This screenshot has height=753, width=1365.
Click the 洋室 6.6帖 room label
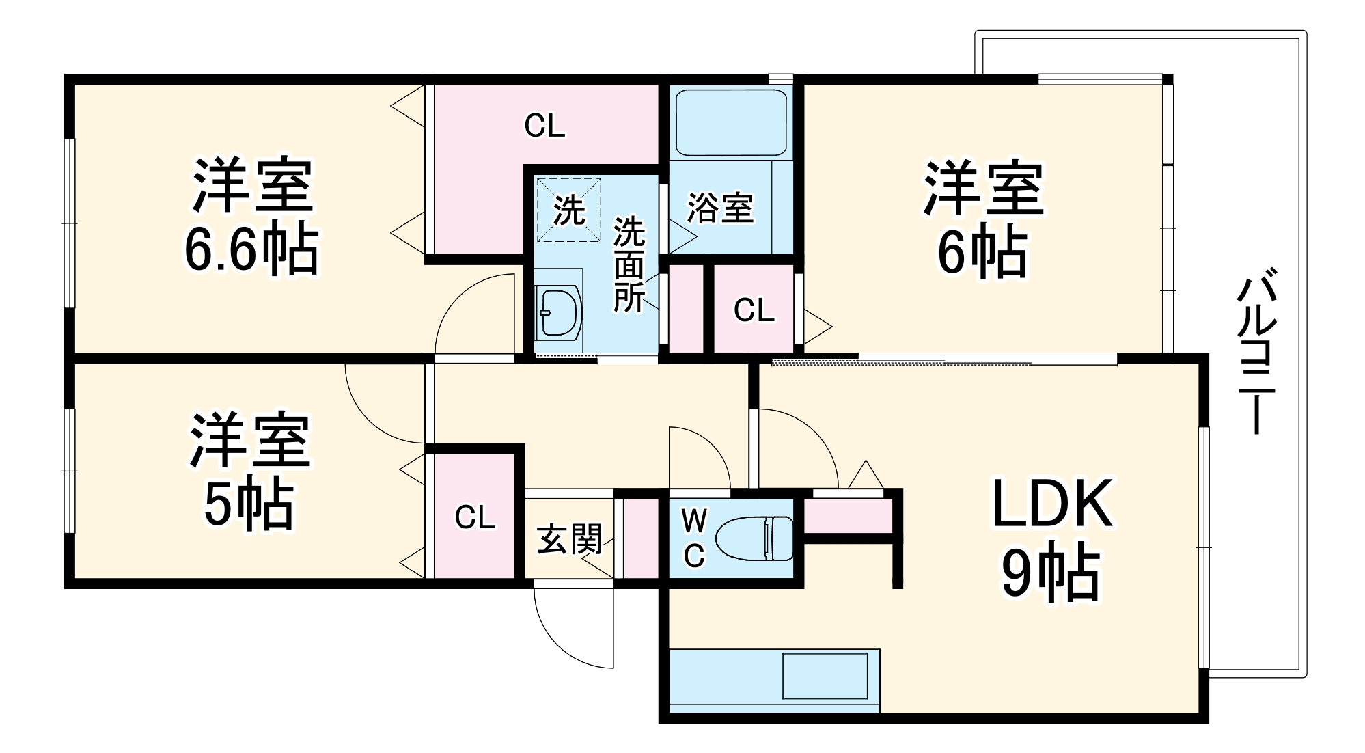click(251, 217)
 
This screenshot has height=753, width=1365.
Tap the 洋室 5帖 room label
click(249, 471)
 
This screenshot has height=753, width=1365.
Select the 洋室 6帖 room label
click(982, 219)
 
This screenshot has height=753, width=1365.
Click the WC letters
click(694, 538)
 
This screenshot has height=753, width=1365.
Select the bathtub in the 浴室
click(730, 123)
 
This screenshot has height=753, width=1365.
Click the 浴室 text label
click(720, 208)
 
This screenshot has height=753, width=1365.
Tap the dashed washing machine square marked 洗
click(569, 210)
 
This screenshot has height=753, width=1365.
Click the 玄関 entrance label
click(569, 539)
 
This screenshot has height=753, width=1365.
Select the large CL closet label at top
click(544, 126)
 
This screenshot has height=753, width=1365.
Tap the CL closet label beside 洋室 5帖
click(475, 518)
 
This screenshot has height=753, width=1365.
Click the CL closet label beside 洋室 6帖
click(754, 311)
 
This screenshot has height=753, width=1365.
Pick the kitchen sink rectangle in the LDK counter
click(825, 676)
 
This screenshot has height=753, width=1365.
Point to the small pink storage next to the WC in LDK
click(848, 517)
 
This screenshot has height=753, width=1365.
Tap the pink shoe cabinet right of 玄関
click(641, 540)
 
